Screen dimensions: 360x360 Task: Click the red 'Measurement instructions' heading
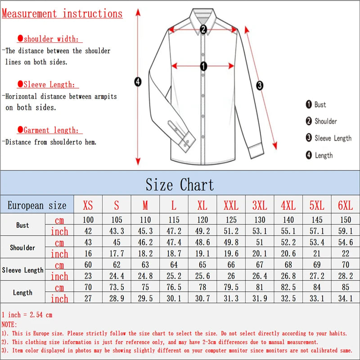pos(62,13)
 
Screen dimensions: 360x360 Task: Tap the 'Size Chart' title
pos(180,184)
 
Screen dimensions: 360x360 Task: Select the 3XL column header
pos(260,206)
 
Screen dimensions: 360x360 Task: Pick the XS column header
pos(88,206)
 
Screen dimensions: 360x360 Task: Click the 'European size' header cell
pos(37,206)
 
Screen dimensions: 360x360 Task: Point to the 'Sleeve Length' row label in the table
pos(22,270)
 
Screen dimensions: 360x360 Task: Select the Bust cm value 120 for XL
pos(202,220)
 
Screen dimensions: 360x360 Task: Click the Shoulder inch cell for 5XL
pos(317,253)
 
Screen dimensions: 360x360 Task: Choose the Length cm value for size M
pos(145,288)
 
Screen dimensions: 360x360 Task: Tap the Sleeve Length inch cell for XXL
pos(231,276)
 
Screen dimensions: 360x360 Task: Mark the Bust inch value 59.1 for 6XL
pos(345,231)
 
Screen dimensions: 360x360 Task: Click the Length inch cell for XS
pos(88,298)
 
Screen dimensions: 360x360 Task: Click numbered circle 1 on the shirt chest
pos(203,67)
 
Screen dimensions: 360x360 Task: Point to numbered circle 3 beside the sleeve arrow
pos(260,85)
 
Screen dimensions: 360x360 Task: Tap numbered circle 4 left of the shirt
pos(138,81)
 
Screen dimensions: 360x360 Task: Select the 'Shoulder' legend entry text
pos(325,121)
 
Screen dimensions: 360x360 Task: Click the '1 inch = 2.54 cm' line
pos(27,315)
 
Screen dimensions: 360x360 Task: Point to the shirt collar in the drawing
pos(203,18)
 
